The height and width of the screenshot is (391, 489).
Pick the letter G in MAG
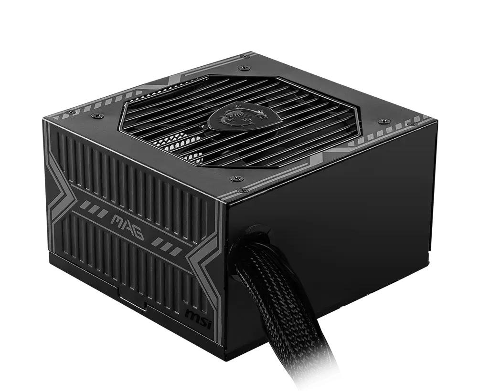[139, 234]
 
